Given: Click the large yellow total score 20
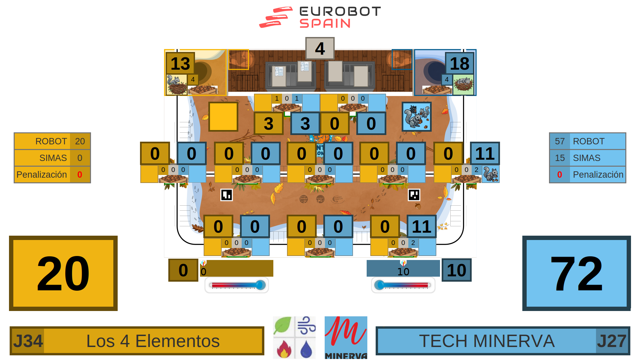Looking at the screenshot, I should pyautogui.click(x=63, y=273).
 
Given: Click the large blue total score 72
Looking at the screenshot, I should pyautogui.click(x=576, y=273).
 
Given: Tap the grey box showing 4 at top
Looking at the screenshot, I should pyautogui.click(x=320, y=49).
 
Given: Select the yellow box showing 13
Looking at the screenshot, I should pyautogui.click(x=180, y=63).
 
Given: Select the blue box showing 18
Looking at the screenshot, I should pyautogui.click(x=459, y=63).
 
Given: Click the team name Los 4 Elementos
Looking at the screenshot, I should pyautogui.click(x=153, y=341).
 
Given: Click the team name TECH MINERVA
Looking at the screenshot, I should pyautogui.click(x=487, y=341).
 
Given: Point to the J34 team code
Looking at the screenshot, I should pyautogui.click(x=28, y=341).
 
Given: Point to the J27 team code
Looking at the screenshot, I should pyautogui.click(x=612, y=341).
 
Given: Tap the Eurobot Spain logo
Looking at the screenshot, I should pyautogui.click(x=320, y=17).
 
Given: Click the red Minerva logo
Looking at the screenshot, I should pyautogui.click(x=346, y=337).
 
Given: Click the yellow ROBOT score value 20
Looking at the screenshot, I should pyautogui.click(x=80, y=141).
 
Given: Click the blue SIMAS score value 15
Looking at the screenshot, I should pyautogui.click(x=560, y=158).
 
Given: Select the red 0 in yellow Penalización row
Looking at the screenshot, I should pyautogui.click(x=80, y=175).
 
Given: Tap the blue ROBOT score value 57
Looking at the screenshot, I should pyautogui.click(x=560, y=141).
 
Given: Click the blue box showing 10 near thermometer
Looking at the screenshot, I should pyautogui.click(x=456, y=270).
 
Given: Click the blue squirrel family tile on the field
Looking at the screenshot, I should pyautogui.click(x=416, y=117).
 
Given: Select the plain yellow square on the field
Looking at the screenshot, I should pyautogui.click(x=223, y=117).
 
